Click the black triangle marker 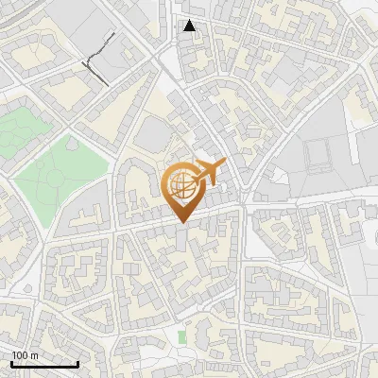click(x=190, y=26)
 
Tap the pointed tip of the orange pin click(x=181, y=221)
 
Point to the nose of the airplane click(x=224, y=165)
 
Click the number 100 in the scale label click(x=20, y=355)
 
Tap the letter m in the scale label click(x=34, y=355)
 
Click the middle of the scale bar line click(x=44, y=364)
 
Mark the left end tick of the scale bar click(x=11, y=363)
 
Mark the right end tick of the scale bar click(x=77, y=363)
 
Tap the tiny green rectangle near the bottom click(x=181, y=337)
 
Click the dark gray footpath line click(x=98, y=59)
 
